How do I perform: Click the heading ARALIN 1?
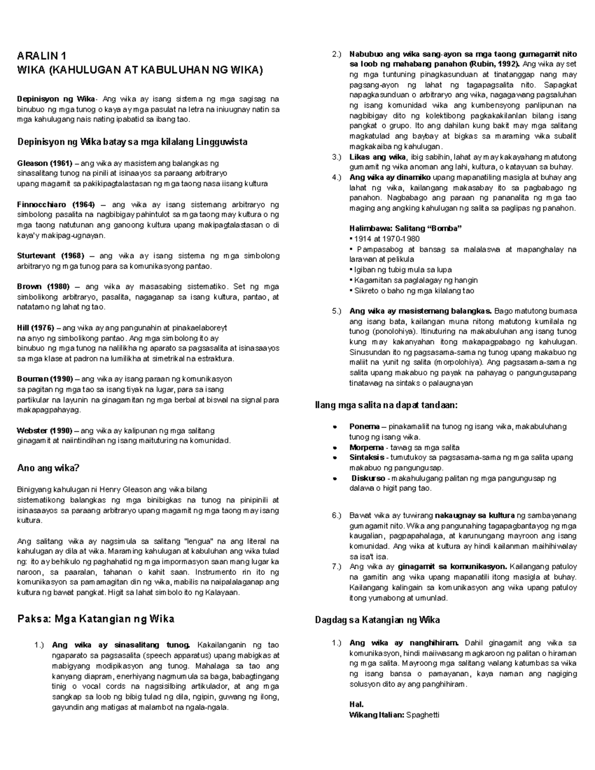point(41,56)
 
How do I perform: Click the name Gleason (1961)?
point(45,163)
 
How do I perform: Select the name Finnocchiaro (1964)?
point(56,204)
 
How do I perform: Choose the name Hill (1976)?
point(38,328)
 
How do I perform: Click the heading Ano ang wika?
point(48,468)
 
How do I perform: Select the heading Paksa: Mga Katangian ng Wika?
point(96,619)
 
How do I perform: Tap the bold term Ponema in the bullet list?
point(364,426)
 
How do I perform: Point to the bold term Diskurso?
point(368,478)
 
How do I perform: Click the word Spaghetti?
point(423,715)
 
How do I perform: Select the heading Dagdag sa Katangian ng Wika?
point(377,620)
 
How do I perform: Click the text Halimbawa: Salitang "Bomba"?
point(405,229)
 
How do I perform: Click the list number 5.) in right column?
point(337,311)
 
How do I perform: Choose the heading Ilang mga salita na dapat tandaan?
point(386,405)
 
